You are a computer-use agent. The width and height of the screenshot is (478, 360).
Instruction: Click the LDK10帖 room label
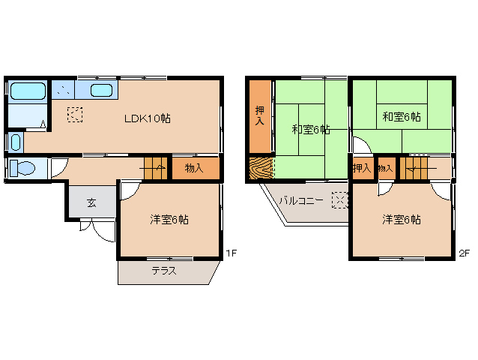pos(147,118)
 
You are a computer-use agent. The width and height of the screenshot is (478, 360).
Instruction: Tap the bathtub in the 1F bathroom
pos(27,92)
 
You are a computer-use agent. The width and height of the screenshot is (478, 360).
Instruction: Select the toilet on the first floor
pos(23,169)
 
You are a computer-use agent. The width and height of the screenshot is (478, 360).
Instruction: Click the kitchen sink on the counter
pos(101,91)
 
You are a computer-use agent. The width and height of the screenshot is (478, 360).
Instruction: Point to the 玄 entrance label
pos(90,202)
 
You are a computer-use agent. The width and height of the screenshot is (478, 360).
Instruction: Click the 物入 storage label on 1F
pos(193,168)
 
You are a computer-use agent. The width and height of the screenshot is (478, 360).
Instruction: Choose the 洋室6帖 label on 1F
pos(169,220)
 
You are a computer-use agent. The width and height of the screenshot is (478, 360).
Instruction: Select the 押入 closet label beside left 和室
pos(259,115)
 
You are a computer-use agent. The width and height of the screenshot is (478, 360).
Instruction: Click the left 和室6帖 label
pos(311,129)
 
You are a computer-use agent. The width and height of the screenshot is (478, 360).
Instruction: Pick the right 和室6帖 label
pos(401,116)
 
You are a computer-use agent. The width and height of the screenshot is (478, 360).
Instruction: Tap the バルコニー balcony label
pos(301,201)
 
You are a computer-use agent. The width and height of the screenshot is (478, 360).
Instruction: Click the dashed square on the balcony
pos(339,200)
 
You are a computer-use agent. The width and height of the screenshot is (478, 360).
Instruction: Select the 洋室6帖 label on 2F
pos(401,220)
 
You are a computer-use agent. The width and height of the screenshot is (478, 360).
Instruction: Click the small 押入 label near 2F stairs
pos(362,168)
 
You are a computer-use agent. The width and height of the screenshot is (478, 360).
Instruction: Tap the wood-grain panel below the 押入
pos(259,169)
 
